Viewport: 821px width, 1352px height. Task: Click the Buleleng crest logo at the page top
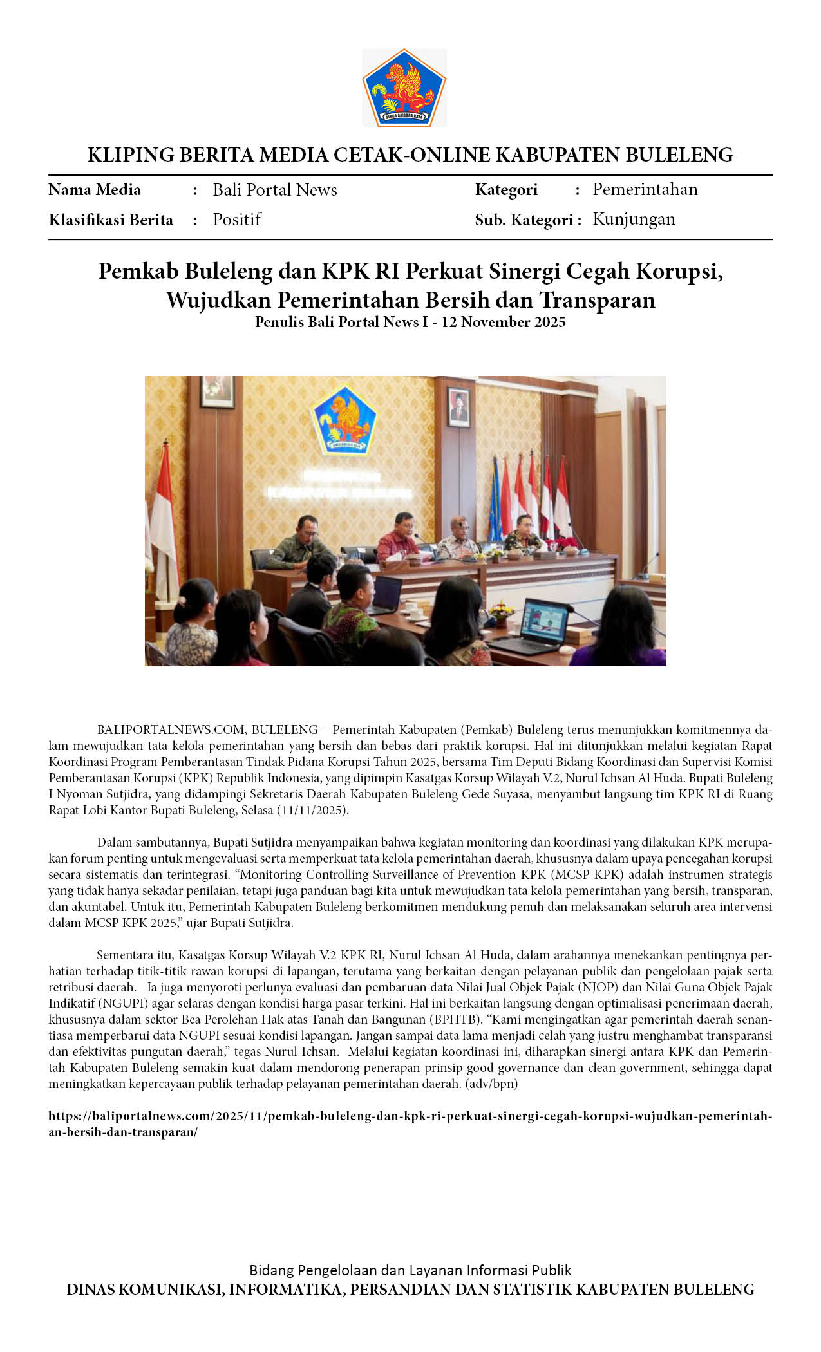404,88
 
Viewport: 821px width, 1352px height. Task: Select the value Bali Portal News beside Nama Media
275,190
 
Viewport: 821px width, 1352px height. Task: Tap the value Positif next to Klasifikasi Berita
237,220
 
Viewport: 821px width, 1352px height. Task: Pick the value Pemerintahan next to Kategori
645,189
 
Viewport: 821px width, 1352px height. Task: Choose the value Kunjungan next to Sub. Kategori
634,219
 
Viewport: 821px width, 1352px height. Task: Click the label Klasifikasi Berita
111,220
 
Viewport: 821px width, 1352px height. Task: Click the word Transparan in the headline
597,300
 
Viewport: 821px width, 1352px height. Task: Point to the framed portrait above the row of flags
458,406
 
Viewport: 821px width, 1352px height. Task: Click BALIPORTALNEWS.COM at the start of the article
171,729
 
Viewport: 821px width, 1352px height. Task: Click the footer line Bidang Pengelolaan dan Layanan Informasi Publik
410,1270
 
